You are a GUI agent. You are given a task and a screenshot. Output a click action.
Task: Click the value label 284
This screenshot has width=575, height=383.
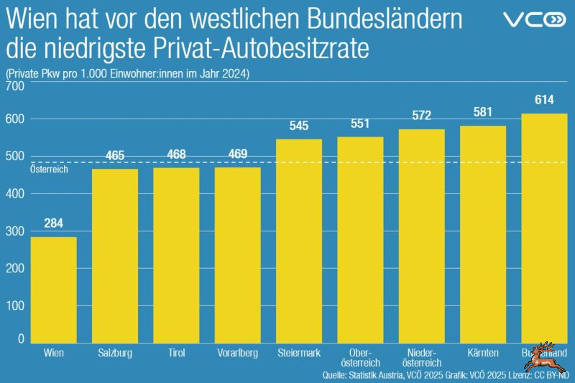click(x=53, y=223)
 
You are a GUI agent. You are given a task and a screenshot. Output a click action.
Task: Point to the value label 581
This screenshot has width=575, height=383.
click(x=483, y=112)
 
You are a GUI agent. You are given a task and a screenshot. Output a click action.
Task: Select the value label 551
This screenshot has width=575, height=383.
click(x=360, y=123)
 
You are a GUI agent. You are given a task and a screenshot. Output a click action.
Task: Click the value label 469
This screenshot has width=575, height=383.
click(x=237, y=154)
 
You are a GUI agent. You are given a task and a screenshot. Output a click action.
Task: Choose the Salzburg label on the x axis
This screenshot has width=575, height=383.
click(x=114, y=353)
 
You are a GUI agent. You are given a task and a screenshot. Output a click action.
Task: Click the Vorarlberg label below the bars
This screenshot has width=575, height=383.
click(x=237, y=353)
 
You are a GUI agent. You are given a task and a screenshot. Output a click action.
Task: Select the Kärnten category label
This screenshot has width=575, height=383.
click(x=483, y=353)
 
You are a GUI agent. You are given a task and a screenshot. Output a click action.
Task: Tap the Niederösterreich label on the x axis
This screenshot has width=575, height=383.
click(x=421, y=358)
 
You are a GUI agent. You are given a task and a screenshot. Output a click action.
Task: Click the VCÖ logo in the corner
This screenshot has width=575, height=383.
click(x=535, y=19)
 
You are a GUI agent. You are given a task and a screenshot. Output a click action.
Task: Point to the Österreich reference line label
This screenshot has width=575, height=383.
click(x=48, y=169)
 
